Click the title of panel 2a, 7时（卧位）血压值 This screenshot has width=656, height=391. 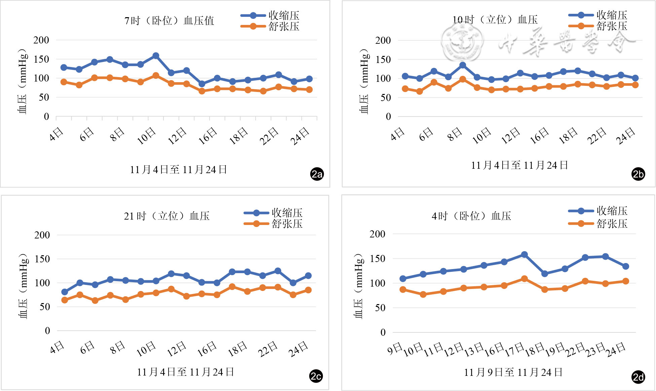tap(169, 21)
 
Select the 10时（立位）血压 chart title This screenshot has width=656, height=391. tap(495, 20)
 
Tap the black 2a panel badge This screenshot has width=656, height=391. tap(317, 174)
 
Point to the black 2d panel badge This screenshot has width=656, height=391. tap(638, 377)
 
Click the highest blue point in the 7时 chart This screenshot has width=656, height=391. tap(156, 56)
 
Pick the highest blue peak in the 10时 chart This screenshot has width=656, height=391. tap(463, 65)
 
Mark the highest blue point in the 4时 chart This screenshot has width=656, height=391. tap(524, 255)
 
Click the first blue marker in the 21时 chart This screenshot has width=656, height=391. tap(65, 292)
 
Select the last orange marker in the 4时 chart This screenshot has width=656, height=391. tap(626, 281)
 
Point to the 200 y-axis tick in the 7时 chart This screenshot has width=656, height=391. tap(41, 40)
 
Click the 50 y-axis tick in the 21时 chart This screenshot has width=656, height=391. tap(45, 307)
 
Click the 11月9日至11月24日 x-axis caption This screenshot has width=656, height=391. tap(513, 372)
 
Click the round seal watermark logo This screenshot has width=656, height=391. tap(462, 41)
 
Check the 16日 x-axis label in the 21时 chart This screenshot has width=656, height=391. tap(207, 349)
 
